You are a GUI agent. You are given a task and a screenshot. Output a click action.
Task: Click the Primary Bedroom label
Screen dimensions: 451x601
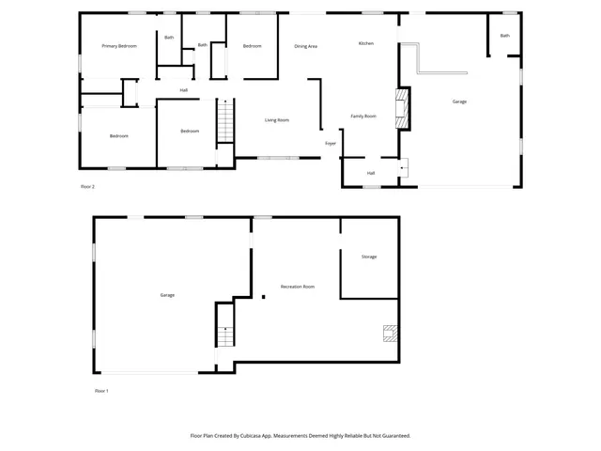tap(119, 46)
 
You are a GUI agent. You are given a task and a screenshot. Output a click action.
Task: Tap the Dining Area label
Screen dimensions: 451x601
tap(305, 46)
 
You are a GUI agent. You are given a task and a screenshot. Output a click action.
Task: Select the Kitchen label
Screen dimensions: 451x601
tap(366, 43)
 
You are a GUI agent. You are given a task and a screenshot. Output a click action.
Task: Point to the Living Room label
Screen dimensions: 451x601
tap(276, 120)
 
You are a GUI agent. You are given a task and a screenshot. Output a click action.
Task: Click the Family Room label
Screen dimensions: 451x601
tap(363, 117)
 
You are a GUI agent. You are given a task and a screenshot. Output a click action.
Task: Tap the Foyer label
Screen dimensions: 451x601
tap(331, 144)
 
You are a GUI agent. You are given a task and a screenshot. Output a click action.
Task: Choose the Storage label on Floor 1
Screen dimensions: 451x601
tap(369, 257)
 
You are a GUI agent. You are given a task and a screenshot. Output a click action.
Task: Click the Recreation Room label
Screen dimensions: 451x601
tap(297, 287)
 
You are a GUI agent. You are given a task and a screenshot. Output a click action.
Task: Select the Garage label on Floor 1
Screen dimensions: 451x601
tap(167, 295)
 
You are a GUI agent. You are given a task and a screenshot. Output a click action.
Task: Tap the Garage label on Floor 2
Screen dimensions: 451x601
tap(459, 101)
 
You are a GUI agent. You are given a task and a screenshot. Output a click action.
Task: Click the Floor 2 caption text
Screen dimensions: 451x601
tap(87, 187)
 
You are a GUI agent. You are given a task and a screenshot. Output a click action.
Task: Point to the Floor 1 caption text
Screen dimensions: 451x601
tap(101, 390)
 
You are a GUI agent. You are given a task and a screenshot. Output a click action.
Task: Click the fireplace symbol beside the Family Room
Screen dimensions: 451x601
tap(403, 107)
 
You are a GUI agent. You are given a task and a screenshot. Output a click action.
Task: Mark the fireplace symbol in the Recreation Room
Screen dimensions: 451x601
tap(389, 333)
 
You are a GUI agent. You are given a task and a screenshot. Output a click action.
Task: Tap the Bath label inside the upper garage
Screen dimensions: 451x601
tap(504, 36)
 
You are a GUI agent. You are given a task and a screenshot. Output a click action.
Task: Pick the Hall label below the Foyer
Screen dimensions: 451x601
tap(371, 173)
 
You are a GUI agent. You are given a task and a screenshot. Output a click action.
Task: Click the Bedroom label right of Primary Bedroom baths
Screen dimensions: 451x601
tap(252, 46)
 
